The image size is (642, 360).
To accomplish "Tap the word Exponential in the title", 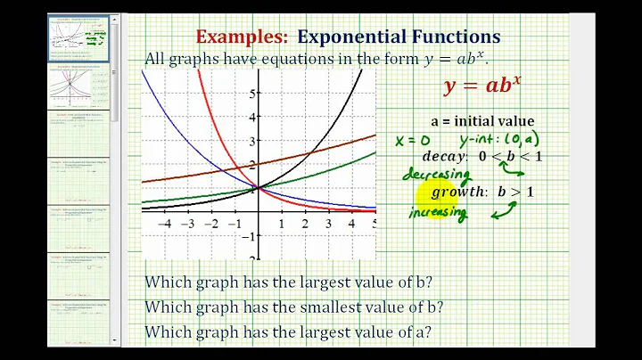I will (351, 37).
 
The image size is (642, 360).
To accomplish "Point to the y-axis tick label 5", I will (253, 93).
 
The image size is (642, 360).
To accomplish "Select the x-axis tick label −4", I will (164, 224).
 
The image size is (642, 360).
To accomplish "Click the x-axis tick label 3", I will (328, 224).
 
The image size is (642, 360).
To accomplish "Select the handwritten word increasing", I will (437, 212).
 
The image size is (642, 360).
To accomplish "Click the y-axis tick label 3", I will (253, 141).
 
